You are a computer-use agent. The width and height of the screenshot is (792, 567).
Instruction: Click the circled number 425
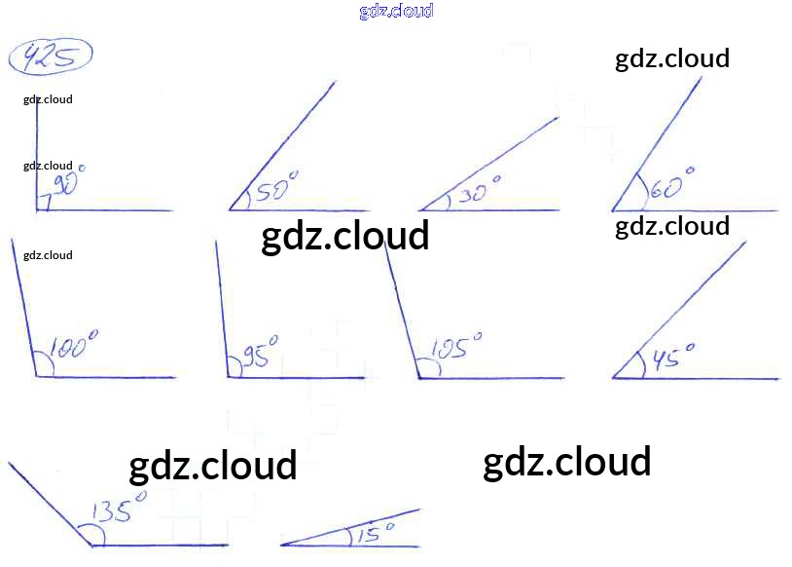pos(51,58)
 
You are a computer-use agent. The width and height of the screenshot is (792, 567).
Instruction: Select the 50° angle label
pos(276,188)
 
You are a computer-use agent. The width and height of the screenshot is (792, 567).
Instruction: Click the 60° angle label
pos(671,184)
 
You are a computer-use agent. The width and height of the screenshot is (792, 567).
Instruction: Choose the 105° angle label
pos(455,347)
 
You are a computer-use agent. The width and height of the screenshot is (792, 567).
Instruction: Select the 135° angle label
pos(120,510)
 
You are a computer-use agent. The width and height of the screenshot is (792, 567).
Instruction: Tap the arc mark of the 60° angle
pos(641,194)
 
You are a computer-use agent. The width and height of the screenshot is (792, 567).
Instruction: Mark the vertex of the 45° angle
pos(614,378)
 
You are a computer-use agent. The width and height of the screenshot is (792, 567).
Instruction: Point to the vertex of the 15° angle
pos(282,545)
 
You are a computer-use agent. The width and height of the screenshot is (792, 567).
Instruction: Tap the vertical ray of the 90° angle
pos(37,146)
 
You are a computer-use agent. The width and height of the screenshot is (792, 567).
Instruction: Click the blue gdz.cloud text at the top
pos(396,11)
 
